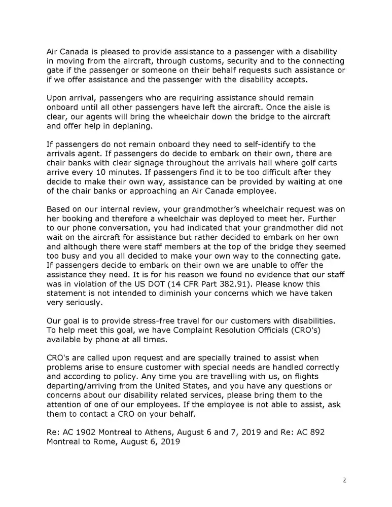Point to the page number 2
click(344, 480)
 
